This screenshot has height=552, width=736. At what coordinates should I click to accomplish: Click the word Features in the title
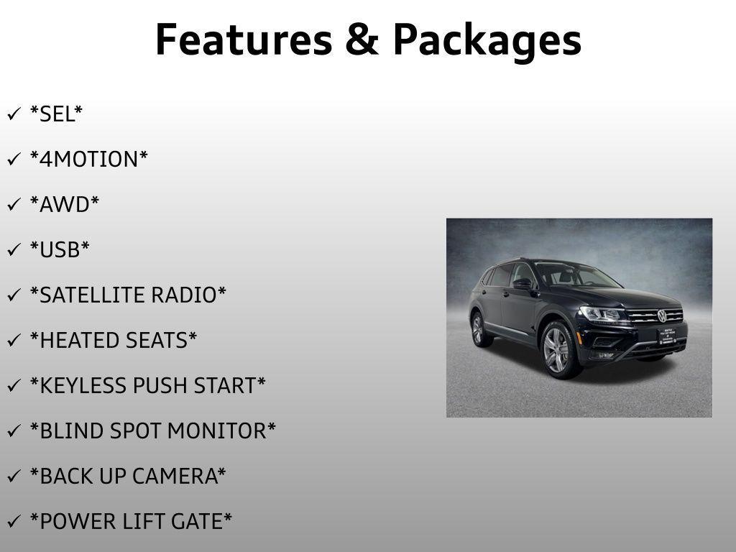click(x=244, y=40)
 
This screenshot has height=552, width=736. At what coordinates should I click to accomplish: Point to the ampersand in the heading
click(x=362, y=40)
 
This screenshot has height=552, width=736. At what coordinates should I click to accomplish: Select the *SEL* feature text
click(x=56, y=114)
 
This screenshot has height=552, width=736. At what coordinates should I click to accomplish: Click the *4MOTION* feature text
click(x=88, y=159)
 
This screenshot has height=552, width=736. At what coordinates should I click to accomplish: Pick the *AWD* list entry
click(x=65, y=204)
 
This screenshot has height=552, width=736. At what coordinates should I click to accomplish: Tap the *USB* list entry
click(x=60, y=249)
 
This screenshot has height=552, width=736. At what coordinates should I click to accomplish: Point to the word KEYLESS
click(x=83, y=385)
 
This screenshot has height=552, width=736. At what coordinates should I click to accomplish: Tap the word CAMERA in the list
click(x=175, y=476)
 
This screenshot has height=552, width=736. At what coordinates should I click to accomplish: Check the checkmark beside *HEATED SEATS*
click(x=14, y=340)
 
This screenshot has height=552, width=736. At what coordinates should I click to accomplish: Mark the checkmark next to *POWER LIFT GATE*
click(x=14, y=521)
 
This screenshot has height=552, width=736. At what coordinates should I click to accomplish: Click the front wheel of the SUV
click(x=557, y=350)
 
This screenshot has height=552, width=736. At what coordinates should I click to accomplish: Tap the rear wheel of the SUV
click(x=479, y=329)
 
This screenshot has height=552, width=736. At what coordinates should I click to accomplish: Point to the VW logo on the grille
click(x=662, y=316)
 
